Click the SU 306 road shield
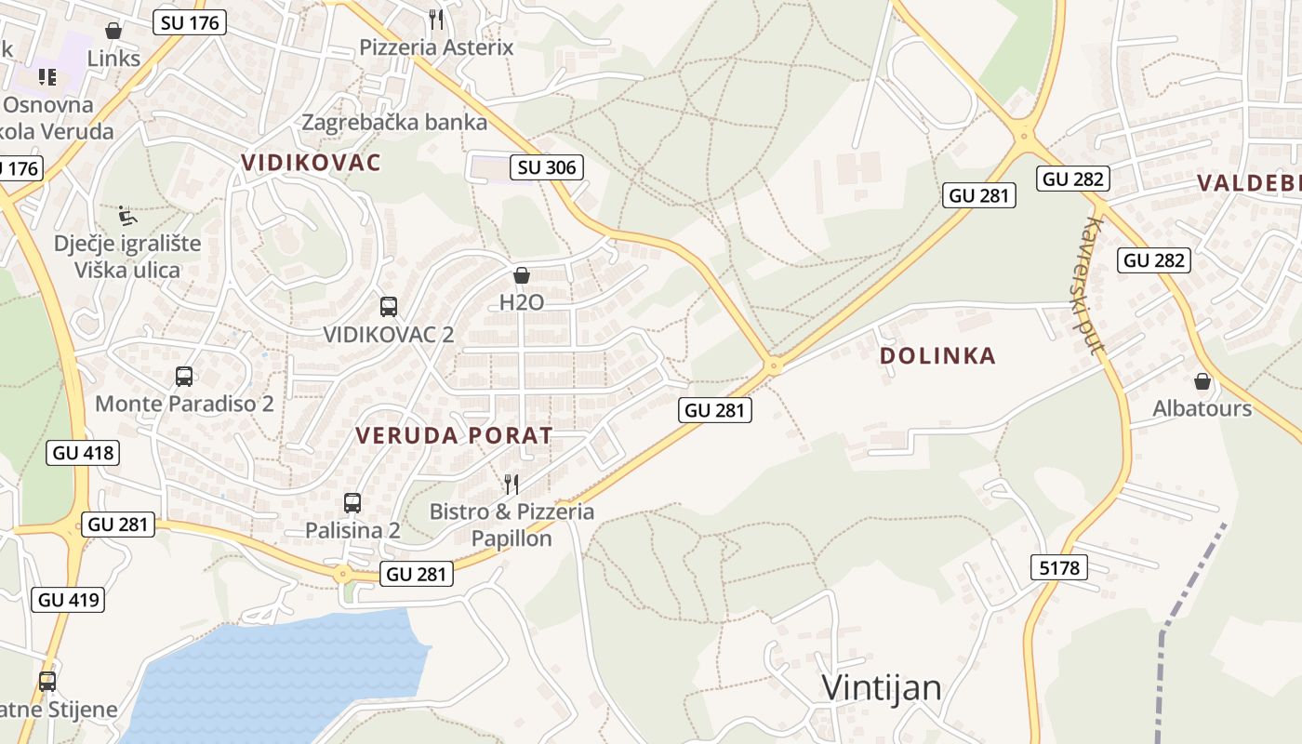(548, 167)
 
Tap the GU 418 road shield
(83, 453)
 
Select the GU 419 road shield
(69, 599)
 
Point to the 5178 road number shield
(1059, 565)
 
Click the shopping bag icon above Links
(113, 31)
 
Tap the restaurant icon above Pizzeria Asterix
(436, 19)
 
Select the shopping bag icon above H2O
(522, 275)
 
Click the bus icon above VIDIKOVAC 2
(389, 306)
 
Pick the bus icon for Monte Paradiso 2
(184, 377)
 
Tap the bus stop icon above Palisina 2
(352, 503)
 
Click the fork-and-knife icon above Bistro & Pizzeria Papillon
(511, 484)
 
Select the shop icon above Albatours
(1202, 381)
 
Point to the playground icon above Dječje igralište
(127, 217)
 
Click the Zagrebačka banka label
(394, 122)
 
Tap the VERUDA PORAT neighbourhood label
(454, 435)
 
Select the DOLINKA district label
(937, 355)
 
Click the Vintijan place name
(882, 688)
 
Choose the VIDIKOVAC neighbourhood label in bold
(311, 163)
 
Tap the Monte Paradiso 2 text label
(184, 404)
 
